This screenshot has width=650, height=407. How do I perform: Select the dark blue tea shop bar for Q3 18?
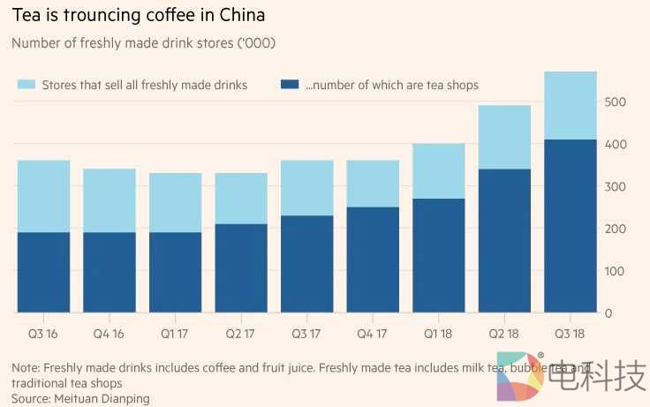click(x=571, y=226)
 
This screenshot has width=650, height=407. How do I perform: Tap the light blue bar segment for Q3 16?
click(x=43, y=196)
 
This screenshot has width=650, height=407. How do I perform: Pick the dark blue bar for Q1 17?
click(x=176, y=272)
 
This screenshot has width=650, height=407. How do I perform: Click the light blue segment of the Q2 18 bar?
click(x=504, y=137)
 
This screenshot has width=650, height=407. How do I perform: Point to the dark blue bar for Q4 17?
click(x=373, y=260)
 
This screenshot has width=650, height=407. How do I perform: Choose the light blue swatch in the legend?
click(x=26, y=85)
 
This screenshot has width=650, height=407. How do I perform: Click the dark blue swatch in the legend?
click(x=289, y=85)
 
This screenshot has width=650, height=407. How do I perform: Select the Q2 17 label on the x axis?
click(x=241, y=335)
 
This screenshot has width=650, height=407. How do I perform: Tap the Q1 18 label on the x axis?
click(x=439, y=335)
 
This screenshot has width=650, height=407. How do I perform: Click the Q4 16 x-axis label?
click(x=110, y=335)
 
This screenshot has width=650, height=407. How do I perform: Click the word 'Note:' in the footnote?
click(x=26, y=367)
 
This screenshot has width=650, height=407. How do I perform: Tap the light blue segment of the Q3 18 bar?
click(x=571, y=105)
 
